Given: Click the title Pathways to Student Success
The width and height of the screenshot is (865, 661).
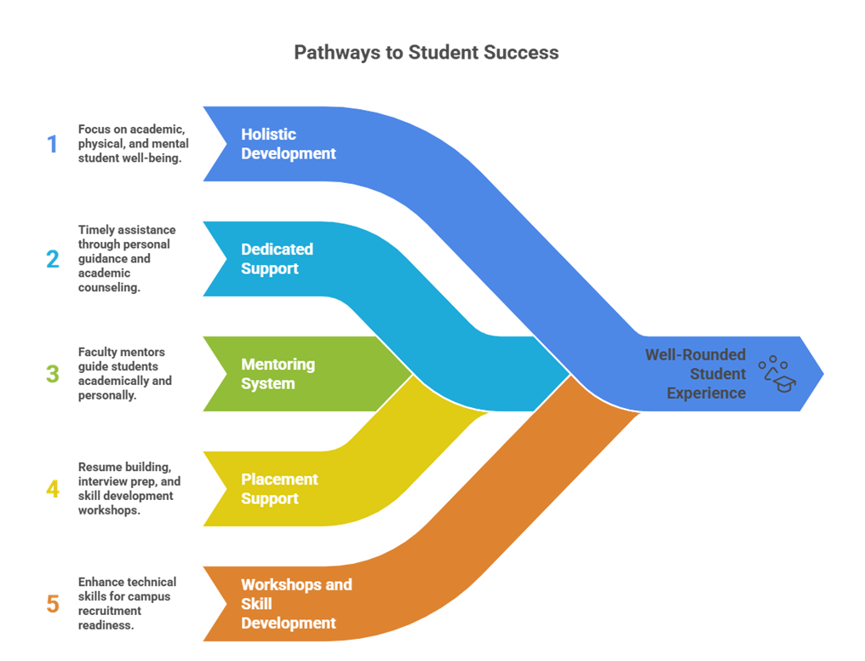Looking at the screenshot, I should tap(426, 53).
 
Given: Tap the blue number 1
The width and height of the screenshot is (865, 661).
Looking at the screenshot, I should tap(53, 144).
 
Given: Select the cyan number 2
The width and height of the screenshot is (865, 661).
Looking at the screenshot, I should tap(53, 259).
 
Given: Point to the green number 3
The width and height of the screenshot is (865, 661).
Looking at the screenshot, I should tap(53, 374).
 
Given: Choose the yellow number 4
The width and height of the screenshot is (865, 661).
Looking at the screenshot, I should tap(53, 489).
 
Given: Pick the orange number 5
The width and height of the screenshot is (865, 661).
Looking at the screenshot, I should tap(53, 604).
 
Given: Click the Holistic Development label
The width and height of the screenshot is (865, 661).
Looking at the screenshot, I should tap(288, 144).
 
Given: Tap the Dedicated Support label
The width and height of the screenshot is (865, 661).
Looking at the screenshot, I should tap(277, 259).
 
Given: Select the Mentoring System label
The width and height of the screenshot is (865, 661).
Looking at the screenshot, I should tap(278, 374).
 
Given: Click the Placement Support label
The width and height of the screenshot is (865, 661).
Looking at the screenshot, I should tap(279, 489).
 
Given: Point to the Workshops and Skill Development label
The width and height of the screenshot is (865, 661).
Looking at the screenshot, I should tap(295, 604).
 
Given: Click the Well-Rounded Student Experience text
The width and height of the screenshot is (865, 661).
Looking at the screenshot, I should tap(696, 374).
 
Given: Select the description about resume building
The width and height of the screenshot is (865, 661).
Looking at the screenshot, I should tap(126, 489).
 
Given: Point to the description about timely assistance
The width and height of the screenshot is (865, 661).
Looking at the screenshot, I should tap(126, 259).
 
